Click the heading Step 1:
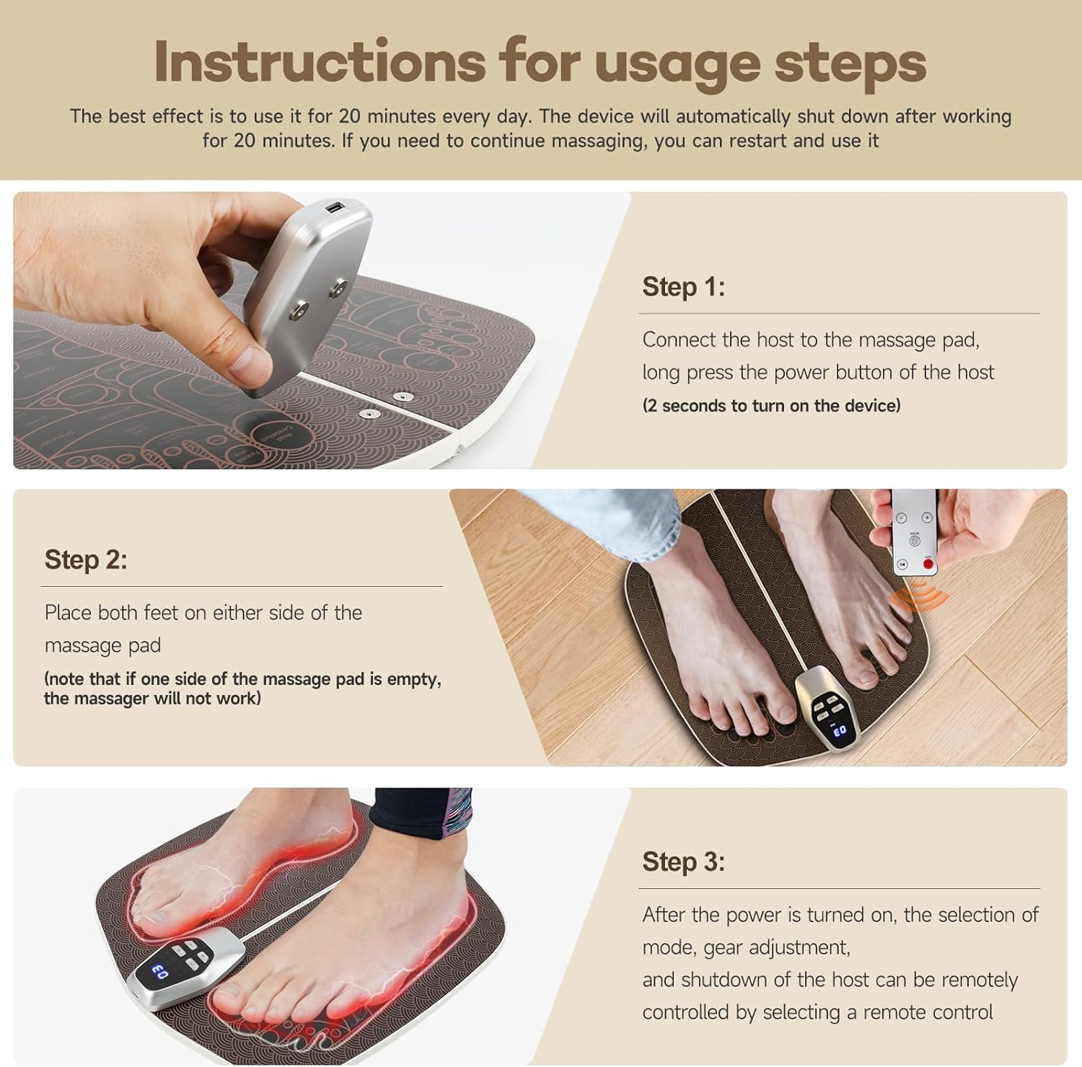(683, 287)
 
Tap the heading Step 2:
(86, 559)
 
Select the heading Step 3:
(683, 862)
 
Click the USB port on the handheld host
(335, 209)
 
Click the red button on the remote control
(928, 564)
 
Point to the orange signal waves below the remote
(917, 597)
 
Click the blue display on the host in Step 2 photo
(840, 730)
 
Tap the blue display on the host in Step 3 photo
(160, 973)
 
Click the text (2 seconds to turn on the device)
(771, 406)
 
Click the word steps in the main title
(850, 62)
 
